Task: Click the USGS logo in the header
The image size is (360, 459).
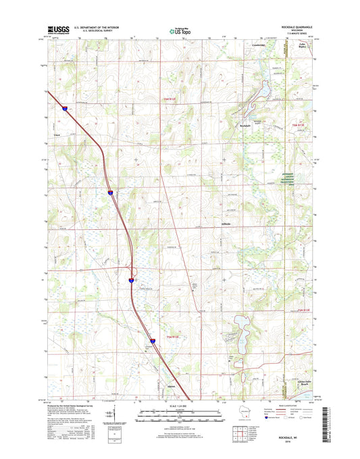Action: (53, 29)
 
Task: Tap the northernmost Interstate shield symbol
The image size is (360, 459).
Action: (66, 107)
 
